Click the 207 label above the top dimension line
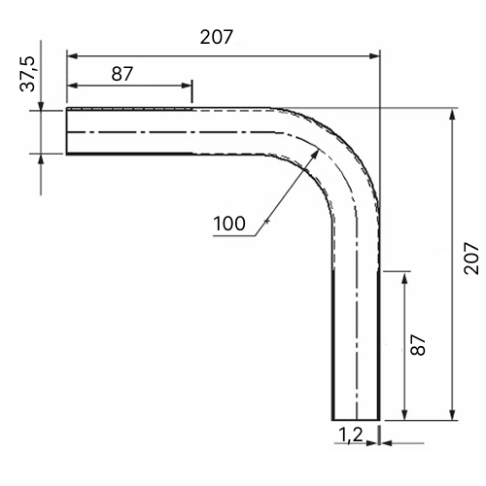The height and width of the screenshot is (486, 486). click(x=216, y=37)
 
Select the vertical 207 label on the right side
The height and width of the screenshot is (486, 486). click(x=470, y=259)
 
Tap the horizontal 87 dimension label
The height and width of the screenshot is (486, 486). click(x=122, y=74)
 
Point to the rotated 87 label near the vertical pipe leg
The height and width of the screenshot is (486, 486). click(x=418, y=345)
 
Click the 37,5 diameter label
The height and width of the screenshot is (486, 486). click(x=27, y=74)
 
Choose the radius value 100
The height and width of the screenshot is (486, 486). click(x=229, y=224)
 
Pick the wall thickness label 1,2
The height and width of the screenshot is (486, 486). click(x=351, y=434)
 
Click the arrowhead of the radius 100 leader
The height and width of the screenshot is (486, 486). click(x=315, y=155)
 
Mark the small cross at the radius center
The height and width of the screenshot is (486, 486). click(x=266, y=222)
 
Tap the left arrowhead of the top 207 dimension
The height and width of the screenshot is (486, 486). click(x=72, y=56)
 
